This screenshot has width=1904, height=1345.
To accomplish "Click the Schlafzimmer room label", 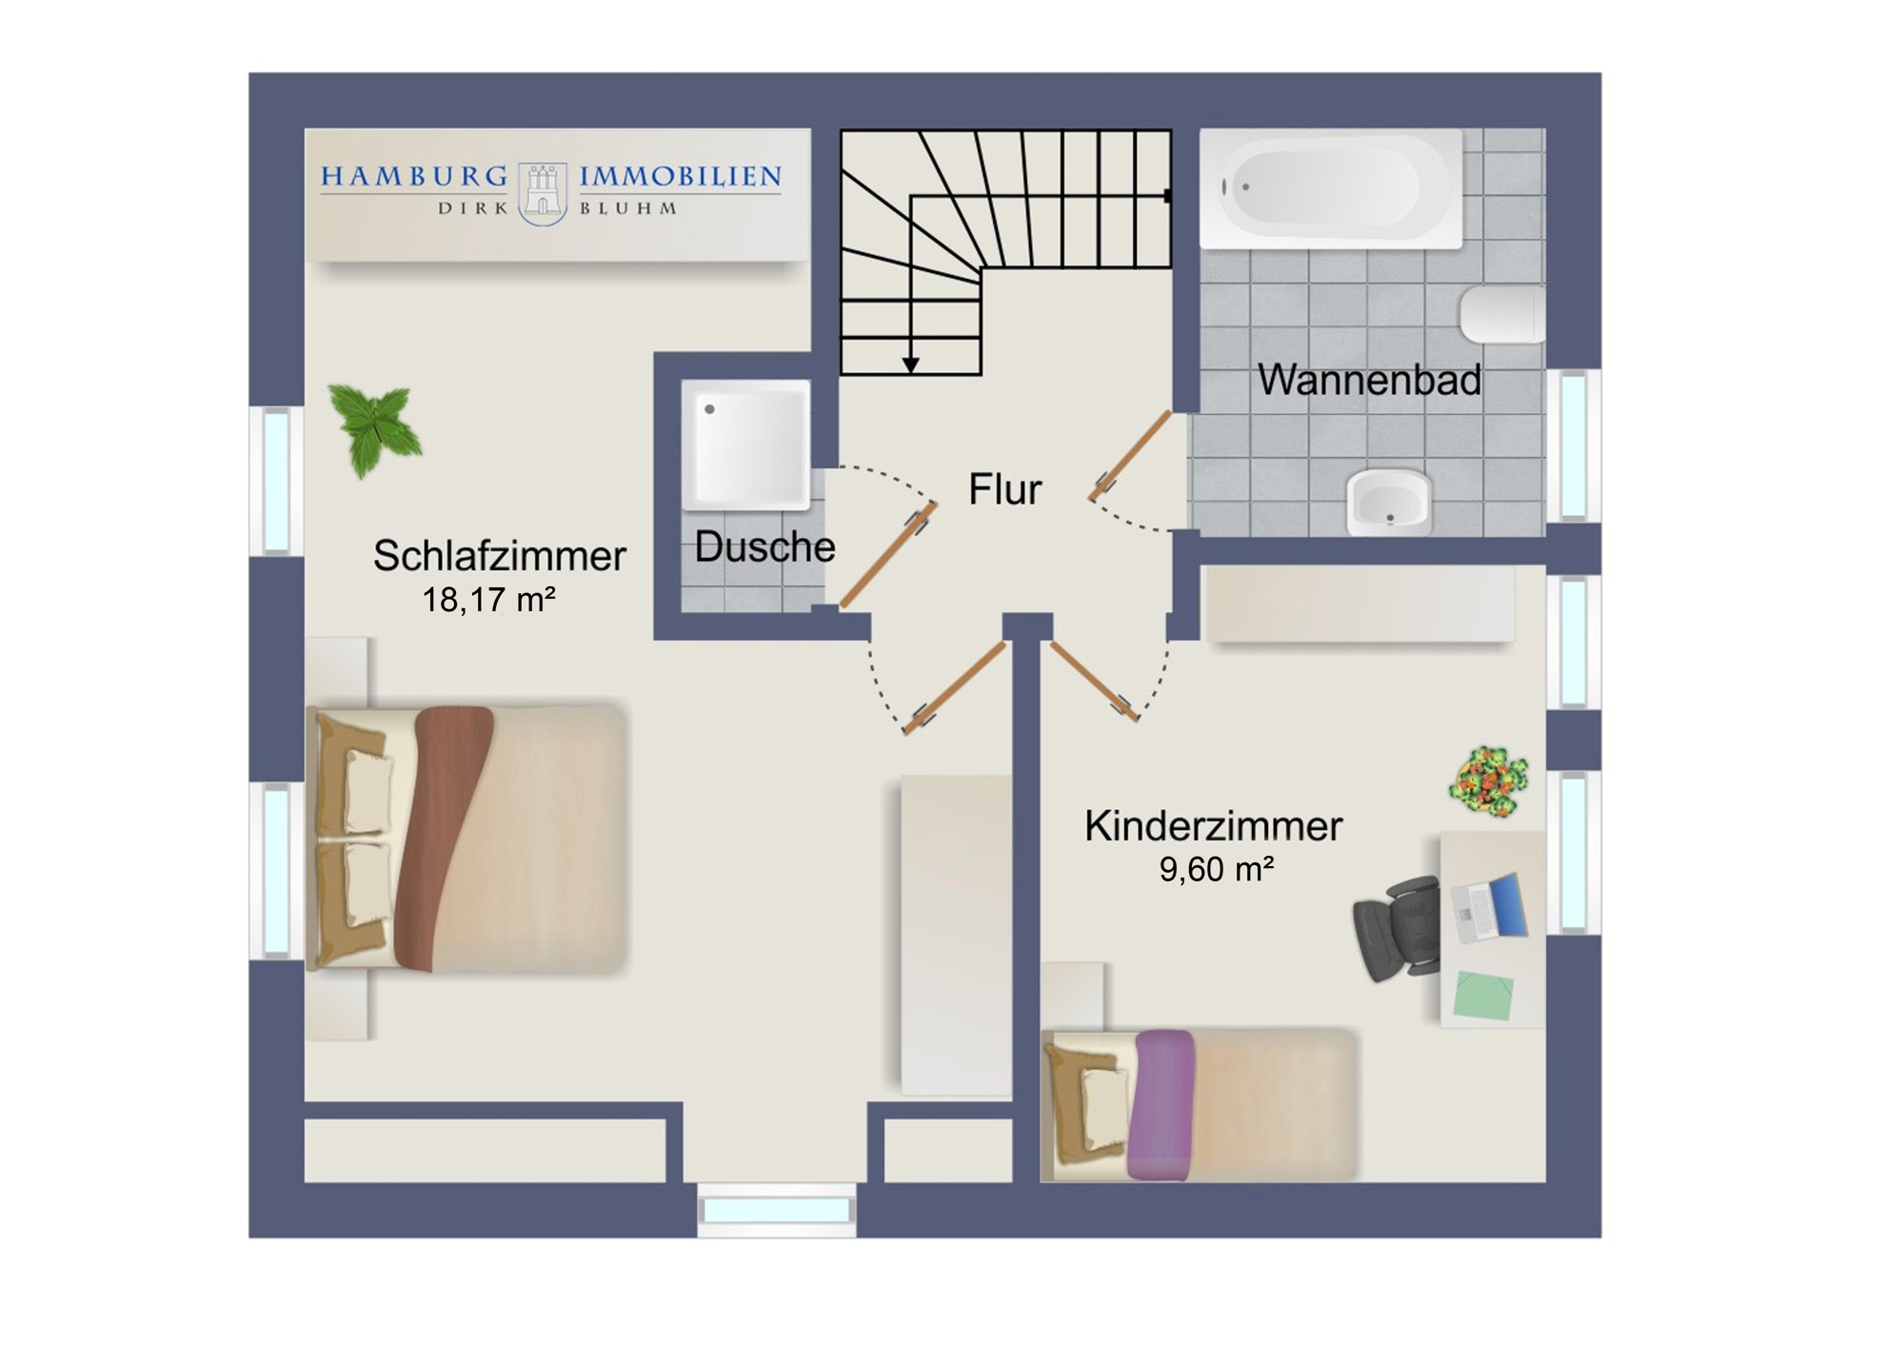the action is [x=499, y=556].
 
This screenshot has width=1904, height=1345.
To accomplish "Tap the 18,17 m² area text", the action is [x=488, y=600].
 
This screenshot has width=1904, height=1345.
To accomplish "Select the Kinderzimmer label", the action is [x=1213, y=826].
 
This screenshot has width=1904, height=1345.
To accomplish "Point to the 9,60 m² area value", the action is [x=1217, y=869].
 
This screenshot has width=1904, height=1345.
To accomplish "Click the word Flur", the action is [x=1004, y=489].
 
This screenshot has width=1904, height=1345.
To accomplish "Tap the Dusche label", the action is [x=764, y=546].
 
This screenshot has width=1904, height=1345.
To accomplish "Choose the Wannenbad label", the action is [x=1369, y=380].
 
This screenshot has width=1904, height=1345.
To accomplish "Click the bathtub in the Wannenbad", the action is [x=1331, y=188].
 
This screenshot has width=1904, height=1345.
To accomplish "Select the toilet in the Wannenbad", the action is [x=1502, y=313].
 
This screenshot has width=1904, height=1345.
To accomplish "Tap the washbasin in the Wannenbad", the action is [x=1389, y=502].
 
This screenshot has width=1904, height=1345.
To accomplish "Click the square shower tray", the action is [x=746, y=444].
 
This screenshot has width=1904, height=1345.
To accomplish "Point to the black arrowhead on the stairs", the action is [x=911, y=365].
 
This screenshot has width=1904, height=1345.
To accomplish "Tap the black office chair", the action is [x=1398, y=928].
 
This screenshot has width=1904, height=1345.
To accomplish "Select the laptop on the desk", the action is [x=1491, y=908].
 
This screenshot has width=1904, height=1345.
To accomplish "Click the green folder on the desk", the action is [x=1484, y=995].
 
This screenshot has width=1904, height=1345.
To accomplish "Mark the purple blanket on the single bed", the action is [x=1161, y=1104].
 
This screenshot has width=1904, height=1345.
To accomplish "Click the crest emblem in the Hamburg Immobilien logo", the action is [x=543, y=193].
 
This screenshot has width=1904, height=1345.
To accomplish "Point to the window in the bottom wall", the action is [x=777, y=1210].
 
